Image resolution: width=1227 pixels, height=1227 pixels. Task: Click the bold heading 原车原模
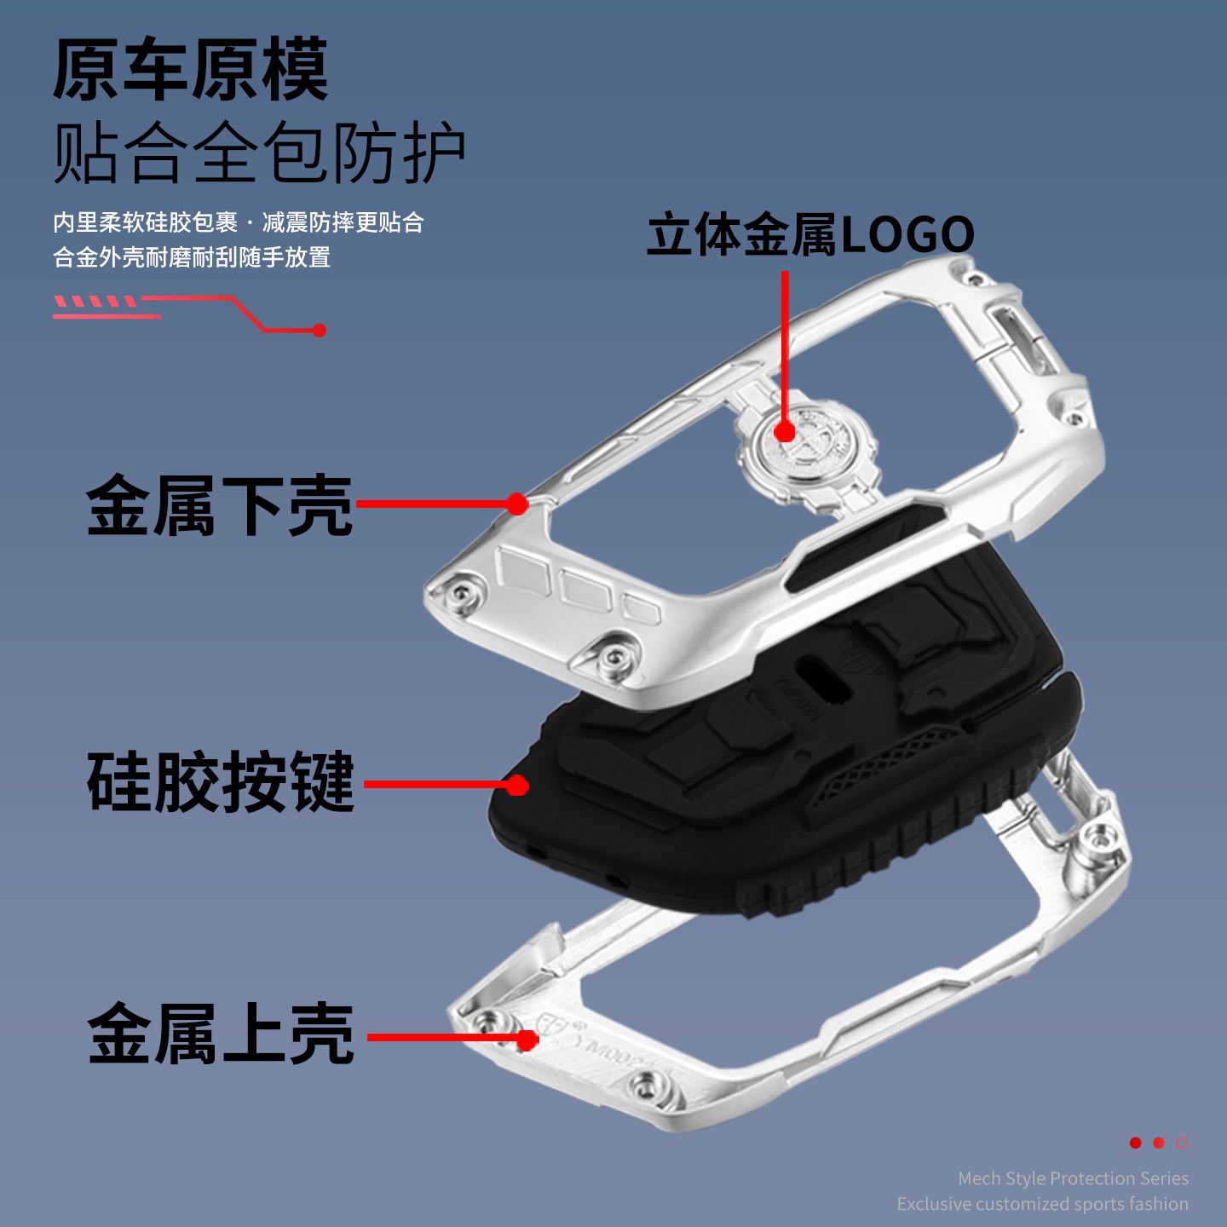[190, 70]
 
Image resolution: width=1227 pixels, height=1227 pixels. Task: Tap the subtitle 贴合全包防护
[259, 153]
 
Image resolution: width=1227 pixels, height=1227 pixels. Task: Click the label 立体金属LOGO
[810, 235]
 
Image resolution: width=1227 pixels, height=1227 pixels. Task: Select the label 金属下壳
[219, 506]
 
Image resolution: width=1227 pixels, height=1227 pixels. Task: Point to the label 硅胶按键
[221, 782]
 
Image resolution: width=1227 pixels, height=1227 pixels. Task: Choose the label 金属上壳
[221, 1034]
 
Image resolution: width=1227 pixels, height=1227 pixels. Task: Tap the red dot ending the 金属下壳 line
[517, 504]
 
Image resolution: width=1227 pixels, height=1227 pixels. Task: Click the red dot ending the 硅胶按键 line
[517, 785]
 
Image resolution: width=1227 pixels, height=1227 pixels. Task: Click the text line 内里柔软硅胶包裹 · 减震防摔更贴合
[239, 222]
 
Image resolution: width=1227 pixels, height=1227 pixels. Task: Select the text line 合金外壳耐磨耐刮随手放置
[192, 257]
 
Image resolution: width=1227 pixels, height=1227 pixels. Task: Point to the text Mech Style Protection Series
[1073, 1178]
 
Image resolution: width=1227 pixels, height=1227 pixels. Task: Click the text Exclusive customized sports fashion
[1042, 1204]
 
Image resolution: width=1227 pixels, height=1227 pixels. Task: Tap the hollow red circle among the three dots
[1182, 1143]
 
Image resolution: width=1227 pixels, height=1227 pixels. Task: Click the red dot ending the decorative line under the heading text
[320, 331]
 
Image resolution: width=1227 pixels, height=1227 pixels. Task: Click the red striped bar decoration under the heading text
[95, 302]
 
